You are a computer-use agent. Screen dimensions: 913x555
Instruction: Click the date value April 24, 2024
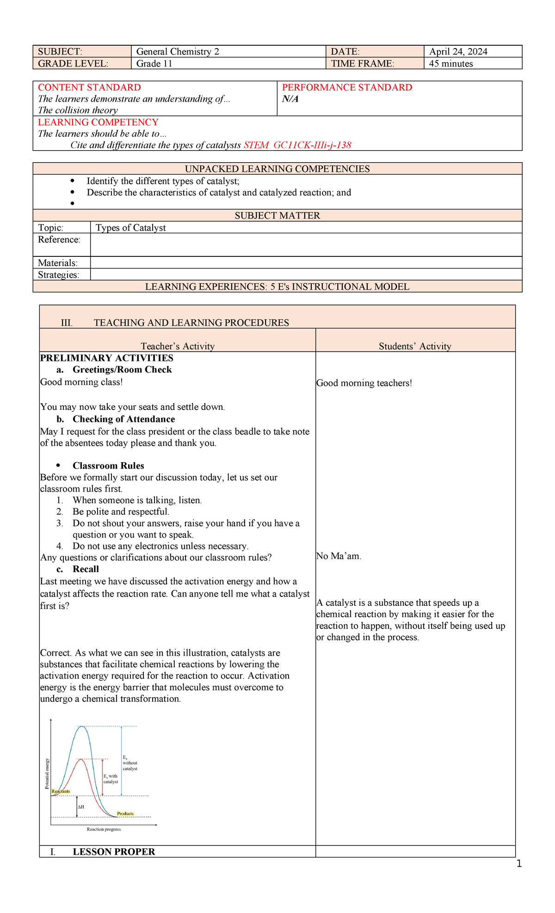click(x=458, y=52)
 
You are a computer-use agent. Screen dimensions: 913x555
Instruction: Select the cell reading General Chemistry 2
click(x=178, y=52)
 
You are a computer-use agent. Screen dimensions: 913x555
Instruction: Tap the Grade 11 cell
click(x=154, y=64)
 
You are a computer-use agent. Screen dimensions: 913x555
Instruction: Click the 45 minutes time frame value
click(x=451, y=64)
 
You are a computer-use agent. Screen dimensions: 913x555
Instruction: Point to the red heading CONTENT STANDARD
click(x=89, y=87)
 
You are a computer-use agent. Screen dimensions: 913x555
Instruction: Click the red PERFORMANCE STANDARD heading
click(x=347, y=87)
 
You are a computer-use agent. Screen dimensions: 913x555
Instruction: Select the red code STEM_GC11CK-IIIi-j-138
click(x=297, y=145)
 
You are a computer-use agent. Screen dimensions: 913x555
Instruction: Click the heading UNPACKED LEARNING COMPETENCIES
click(x=277, y=169)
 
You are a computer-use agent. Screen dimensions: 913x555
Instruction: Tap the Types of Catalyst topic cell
click(x=130, y=228)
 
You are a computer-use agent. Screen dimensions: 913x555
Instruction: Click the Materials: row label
click(x=58, y=263)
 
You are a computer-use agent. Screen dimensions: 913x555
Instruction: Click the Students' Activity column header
click(x=415, y=346)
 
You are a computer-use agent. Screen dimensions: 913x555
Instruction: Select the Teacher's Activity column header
click(x=178, y=346)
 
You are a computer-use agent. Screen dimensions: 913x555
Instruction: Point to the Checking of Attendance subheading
click(x=123, y=419)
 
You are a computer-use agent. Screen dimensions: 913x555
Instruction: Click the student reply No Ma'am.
click(x=339, y=556)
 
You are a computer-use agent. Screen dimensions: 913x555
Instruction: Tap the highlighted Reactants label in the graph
click(x=61, y=791)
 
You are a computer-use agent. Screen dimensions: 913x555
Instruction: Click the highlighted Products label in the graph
click(x=125, y=814)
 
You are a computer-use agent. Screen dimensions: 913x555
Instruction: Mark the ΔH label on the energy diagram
click(x=81, y=807)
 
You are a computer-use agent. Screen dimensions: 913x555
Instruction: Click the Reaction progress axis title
click(x=104, y=829)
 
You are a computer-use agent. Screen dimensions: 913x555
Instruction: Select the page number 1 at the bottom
click(x=519, y=864)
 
